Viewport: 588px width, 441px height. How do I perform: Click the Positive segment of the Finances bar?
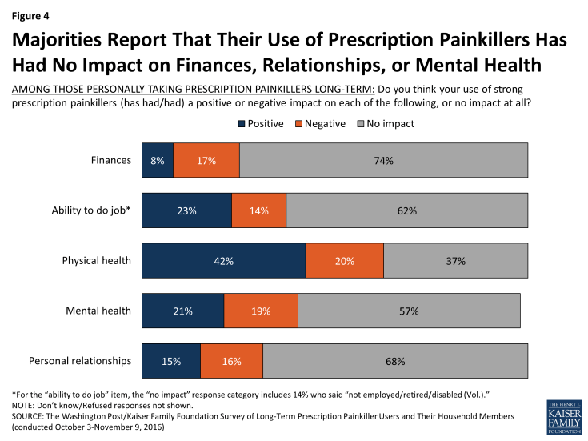point(158,160)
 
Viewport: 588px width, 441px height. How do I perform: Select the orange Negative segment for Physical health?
point(344,261)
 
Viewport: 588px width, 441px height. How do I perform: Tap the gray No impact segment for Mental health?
point(409,311)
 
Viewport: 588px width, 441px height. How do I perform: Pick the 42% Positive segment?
point(223,261)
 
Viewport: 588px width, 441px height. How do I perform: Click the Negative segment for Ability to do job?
point(258,210)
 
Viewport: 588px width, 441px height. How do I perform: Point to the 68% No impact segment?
point(395,361)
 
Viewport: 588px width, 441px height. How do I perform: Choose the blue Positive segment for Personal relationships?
point(171,361)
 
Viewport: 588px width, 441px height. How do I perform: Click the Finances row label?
point(111,160)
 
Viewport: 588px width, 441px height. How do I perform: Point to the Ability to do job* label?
point(92,210)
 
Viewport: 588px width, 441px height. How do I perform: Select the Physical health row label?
point(97,261)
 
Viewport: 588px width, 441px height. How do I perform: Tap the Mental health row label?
point(99,311)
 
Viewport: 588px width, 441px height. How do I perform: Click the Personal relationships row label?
point(80,361)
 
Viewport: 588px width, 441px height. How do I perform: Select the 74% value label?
point(383,160)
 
